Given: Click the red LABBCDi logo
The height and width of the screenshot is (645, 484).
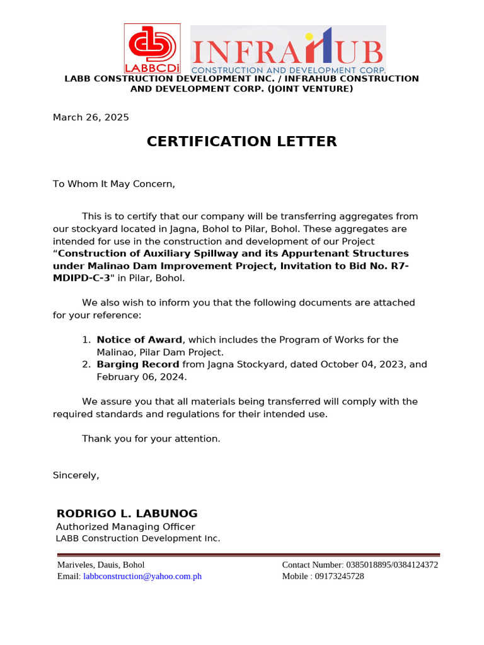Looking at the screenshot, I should point(152,48).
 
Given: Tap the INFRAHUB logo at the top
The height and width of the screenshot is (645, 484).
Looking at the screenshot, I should point(288,50).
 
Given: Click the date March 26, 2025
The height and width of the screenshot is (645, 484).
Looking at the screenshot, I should point(91,117).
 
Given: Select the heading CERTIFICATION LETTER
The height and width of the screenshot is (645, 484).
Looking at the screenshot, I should point(241,142).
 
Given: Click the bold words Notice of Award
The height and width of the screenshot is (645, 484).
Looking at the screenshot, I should point(139,340).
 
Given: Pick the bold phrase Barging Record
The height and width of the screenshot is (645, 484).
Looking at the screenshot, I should point(137,364).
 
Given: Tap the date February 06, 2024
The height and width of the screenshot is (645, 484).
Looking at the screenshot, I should point(141,377).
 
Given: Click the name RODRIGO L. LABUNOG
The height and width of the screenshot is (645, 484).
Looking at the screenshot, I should point(127,513).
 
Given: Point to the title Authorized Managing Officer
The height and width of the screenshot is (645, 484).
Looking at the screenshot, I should point(125,527).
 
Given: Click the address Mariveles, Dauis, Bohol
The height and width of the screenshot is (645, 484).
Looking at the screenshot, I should point(101,564).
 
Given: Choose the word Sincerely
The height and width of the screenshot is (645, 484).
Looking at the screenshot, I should point(76,475).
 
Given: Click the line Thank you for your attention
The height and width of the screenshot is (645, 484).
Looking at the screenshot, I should point(151,438).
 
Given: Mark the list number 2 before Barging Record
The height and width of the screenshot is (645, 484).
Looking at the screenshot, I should point(86,364).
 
